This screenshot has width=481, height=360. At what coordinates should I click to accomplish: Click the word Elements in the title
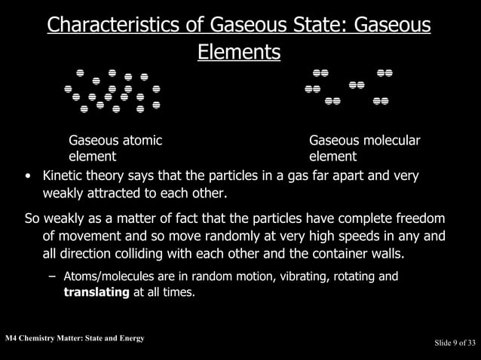239,52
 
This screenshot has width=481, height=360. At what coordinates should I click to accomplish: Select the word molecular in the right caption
386,141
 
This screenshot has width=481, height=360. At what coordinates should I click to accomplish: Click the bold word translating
97,291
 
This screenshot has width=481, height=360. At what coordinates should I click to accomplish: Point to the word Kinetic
63,176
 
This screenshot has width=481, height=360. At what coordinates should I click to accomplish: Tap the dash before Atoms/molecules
51,276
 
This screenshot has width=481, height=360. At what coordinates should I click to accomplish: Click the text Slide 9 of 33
455,343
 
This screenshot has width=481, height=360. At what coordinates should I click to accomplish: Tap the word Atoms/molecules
112,276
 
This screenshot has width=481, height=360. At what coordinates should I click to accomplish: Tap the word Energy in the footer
129,337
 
